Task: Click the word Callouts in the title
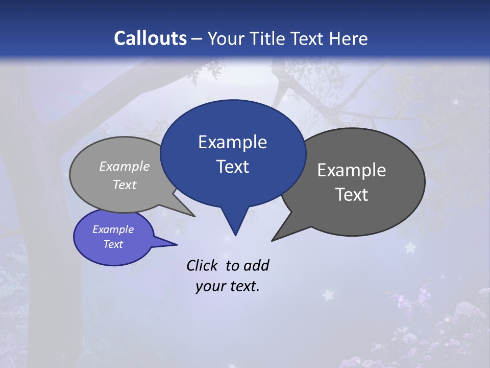pos(150,38)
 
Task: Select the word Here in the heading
pos(349,38)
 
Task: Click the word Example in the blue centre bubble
pos(232,142)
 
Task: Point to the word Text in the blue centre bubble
pos(232,167)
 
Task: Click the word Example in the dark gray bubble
pos(352,170)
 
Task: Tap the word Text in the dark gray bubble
pos(352,195)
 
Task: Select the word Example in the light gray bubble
pos(125,166)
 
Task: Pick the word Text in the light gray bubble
pos(125,185)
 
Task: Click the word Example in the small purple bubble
pos(113,229)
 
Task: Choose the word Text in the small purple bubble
pos(113,244)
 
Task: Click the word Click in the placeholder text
pos(202,265)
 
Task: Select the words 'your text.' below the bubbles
pos(228,286)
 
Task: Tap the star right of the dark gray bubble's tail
pos(410,248)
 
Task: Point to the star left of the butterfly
pos(327,295)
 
